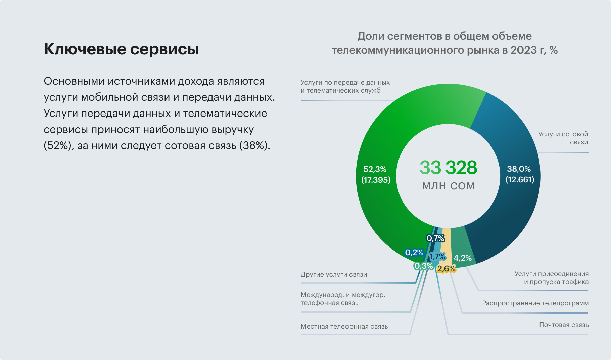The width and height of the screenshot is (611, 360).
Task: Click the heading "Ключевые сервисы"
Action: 121,49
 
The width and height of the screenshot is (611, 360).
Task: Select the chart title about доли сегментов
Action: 445,43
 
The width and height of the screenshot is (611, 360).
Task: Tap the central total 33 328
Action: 448,167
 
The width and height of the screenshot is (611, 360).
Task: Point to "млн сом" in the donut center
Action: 448,186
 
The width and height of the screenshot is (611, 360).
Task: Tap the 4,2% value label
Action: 463,258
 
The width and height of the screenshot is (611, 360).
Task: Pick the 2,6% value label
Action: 446,269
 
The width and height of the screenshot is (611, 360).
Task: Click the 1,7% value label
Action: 437,257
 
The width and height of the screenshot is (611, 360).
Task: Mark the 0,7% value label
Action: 435,238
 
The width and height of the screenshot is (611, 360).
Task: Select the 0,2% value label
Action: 414,253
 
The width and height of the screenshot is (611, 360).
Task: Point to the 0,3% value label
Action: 423,266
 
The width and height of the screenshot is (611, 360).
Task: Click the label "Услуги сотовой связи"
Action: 563,138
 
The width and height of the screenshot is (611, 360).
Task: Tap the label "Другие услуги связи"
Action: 334,274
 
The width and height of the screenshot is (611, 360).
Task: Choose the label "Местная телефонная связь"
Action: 344,326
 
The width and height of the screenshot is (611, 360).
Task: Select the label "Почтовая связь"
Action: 564,325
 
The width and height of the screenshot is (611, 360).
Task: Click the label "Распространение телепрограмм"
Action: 535,303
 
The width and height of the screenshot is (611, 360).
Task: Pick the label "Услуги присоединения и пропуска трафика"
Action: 551,278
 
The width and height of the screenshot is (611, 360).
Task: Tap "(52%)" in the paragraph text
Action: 58,146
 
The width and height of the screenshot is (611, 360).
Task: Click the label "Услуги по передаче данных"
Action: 345,86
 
